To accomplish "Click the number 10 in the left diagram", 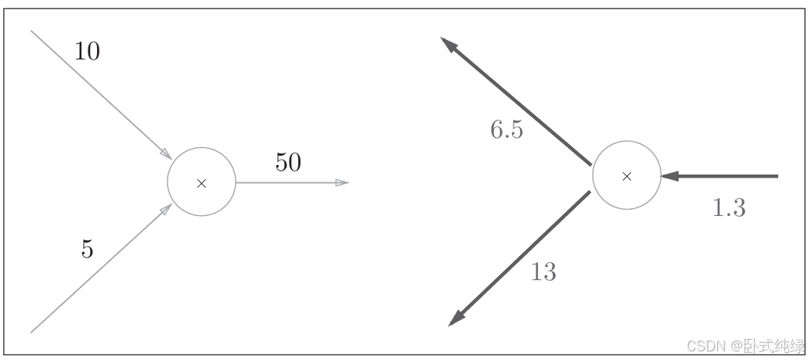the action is click(87, 52).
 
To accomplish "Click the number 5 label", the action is click(87, 249).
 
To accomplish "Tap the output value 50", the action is click(288, 163).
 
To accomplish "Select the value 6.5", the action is click(507, 130).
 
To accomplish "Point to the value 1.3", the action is click(729, 208).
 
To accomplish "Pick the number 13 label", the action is click(543, 272).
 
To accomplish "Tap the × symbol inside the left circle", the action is click(201, 183).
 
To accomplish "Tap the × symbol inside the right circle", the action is click(626, 177).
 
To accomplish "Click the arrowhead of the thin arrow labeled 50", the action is click(342, 182).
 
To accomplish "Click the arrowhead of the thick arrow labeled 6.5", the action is click(449, 45).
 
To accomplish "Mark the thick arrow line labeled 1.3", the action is click(728, 176).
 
